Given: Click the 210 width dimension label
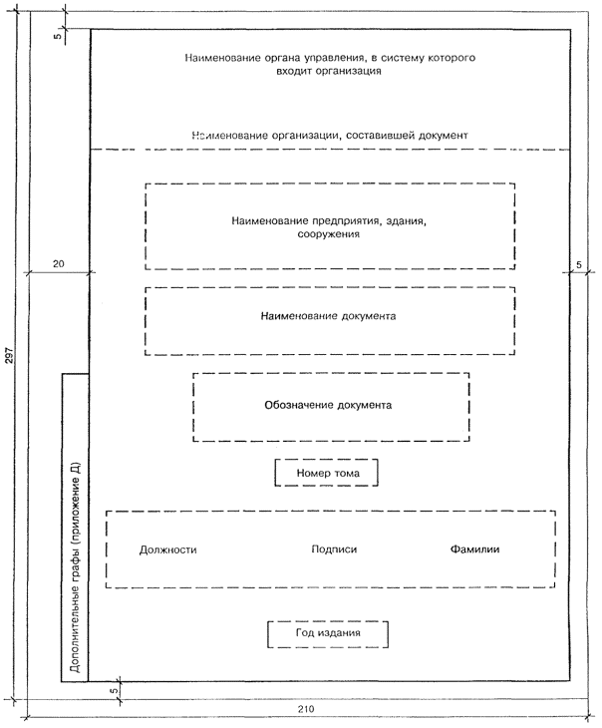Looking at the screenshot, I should [x=306, y=708].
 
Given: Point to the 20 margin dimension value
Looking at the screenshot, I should [x=58, y=263].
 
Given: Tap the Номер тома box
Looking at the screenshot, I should [x=327, y=472].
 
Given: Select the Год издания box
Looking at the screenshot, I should [x=328, y=633].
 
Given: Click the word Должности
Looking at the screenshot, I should [x=168, y=549].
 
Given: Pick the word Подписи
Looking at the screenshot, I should [x=334, y=549].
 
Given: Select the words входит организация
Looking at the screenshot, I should [x=329, y=74].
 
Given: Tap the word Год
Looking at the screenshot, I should [x=305, y=633].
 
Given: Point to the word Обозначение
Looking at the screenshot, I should [x=296, y=406].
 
